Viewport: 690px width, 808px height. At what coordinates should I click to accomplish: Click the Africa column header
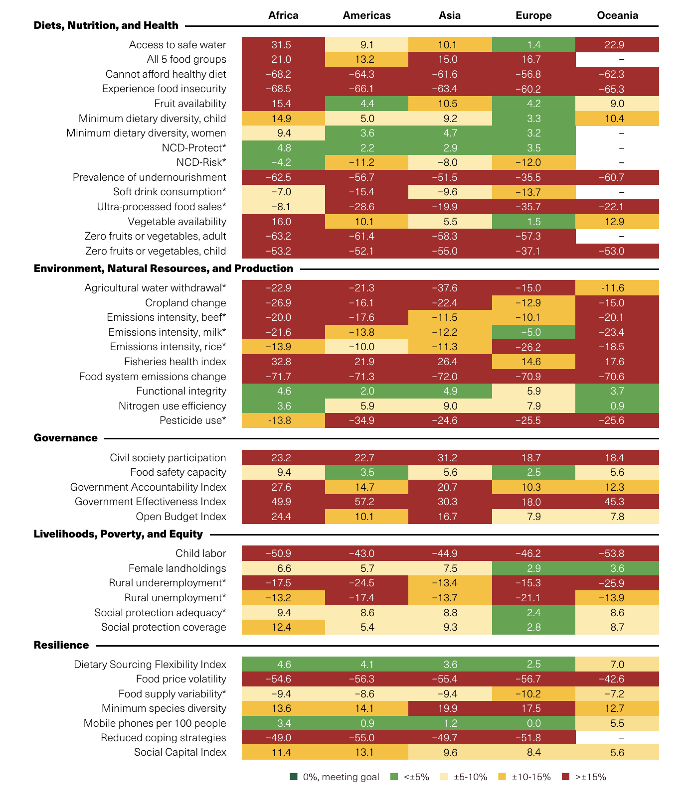[x=283, y=15]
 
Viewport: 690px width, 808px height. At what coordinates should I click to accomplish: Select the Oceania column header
[x=617, y=15]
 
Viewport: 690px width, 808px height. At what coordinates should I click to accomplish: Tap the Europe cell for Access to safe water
[x=533, y=45]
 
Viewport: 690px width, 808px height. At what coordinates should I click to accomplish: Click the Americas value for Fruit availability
[x=366, y=104]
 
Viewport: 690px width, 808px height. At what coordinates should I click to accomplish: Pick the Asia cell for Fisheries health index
[x=450, y=362]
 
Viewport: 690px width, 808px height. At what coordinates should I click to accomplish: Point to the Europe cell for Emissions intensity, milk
[x=533, y=332]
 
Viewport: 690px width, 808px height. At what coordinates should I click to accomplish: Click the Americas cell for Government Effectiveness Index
[x=366, y=502]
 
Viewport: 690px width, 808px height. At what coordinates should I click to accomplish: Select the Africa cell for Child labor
[x=283, y=553]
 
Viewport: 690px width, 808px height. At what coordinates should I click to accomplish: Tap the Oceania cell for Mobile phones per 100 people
[x=617, y=723]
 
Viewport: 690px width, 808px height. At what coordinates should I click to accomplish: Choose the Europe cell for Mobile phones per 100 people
[x=533, y=723]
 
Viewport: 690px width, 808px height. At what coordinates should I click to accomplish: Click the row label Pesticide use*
[x=193, y=420]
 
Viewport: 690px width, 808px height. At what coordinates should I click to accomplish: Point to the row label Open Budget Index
[x=181, y=517]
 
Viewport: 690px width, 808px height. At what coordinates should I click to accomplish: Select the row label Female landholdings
[x=177, y=568]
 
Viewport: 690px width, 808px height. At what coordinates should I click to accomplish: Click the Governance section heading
[x=66, y=438]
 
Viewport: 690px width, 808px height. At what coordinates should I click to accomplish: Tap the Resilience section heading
[x=61, y=645]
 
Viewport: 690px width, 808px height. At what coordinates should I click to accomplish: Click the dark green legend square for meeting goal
[x=294, y=777]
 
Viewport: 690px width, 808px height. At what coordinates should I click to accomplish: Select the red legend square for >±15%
[x=565, y=777]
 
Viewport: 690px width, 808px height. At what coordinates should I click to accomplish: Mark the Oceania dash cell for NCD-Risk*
[x=617, y=162]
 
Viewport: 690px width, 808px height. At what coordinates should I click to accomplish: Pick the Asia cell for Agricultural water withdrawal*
[x=450, y=288]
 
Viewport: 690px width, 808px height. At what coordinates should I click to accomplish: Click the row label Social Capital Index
[x=180, y=752]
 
